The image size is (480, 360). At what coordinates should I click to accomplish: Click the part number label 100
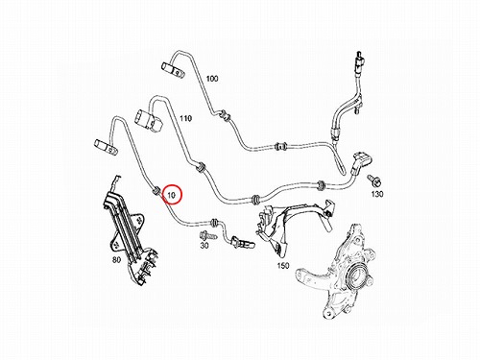click(x=212, y=78)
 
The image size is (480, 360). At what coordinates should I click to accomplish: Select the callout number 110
click(x=185, y=118)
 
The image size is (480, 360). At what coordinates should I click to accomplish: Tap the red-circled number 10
click(x=172, y=195)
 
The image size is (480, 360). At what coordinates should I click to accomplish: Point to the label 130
click(x=377, y=194)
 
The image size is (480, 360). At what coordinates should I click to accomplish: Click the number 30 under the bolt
click(x=204, y=246)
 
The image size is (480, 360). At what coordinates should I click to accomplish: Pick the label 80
click(x=116, y=260)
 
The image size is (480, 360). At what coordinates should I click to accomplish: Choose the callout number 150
click(x=283, y=265)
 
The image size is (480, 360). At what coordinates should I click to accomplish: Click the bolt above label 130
click(x=374, y=180)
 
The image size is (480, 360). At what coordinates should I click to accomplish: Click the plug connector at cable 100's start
click(x=172, y=70)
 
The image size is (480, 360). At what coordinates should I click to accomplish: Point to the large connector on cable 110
click(x=149, y=121)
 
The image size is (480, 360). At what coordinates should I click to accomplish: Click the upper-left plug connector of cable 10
click(x=105, y=146)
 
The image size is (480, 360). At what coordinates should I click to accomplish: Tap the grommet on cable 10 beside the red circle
click(x=156, y=191)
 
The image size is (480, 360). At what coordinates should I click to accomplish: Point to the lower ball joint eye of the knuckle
click(x=328, y=312)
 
